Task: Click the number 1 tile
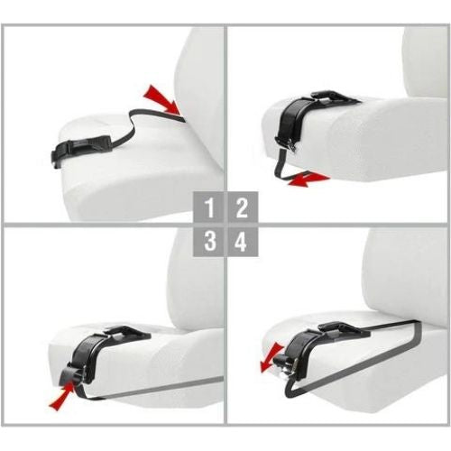pyautogui.click(x=208, y=207)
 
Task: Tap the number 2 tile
pyautogui.click(x=241, y=207)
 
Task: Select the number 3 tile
pyautogui.click(x=208, y=241)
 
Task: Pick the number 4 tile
pyautogui.click(x=241, y=241)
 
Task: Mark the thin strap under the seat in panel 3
pyautogui.click(x=153, y=394)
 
